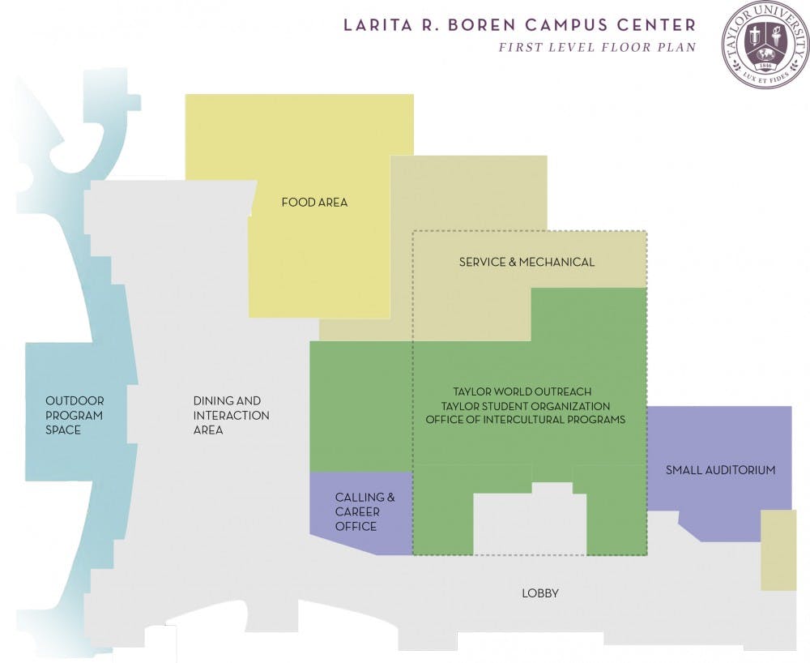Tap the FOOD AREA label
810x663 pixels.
coord(314,202)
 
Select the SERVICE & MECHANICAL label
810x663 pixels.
coord(526,262)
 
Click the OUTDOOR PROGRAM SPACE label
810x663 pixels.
coord(75,415)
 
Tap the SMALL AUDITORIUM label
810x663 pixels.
coord(720,470)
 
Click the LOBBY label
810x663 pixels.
coord(539,593)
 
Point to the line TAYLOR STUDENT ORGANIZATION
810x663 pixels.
coord(526,406)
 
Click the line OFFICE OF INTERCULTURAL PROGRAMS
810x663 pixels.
coord(526,420)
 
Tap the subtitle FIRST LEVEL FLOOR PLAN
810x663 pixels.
coord(596,47)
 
